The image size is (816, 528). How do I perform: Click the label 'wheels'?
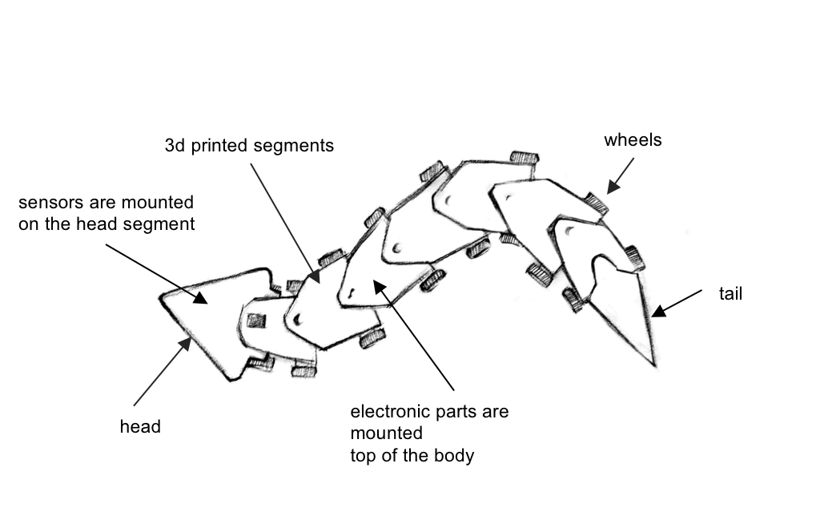(x=633, y=140)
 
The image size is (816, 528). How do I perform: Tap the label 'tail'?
(x=730, y=294)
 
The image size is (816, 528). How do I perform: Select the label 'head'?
(x=140, y=427)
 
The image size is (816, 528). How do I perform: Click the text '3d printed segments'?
(x=248, y=146)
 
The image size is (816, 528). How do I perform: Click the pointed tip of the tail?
(x=654, y=365)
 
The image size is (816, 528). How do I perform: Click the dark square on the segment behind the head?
(x=255, y=320)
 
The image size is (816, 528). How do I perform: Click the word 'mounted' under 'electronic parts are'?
(x=387, y=434)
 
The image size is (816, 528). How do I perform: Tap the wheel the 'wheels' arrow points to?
(x=597, y=202)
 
